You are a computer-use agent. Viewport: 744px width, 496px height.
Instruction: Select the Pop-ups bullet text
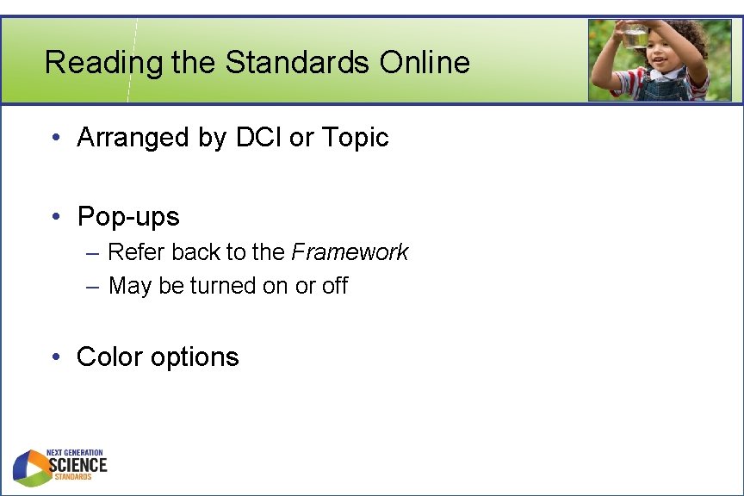128,216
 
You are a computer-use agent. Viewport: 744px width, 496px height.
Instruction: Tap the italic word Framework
350,252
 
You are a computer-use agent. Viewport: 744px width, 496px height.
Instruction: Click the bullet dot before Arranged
54,137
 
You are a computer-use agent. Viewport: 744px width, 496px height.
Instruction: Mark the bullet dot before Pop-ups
54,216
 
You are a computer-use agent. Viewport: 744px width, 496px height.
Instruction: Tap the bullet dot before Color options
54,356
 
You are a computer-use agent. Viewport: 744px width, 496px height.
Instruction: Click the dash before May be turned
92,286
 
